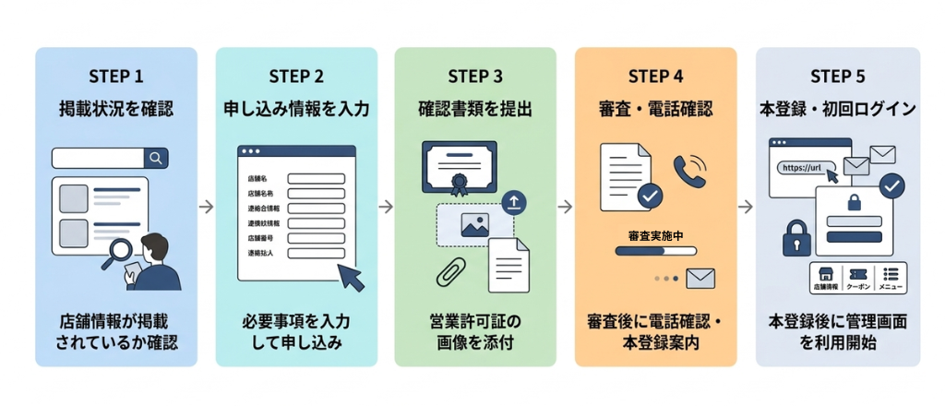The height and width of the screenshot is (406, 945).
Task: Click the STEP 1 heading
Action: (x=115, y=76)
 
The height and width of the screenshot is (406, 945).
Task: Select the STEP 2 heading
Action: (x=295, y=76)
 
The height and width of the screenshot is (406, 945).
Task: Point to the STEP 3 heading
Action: (x=475, y=76)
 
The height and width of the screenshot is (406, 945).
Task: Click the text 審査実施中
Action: (x=655, y=235)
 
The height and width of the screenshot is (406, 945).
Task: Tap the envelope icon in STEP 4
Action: (x=700, y=278)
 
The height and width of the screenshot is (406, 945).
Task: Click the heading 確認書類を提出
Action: (x=475, y=109)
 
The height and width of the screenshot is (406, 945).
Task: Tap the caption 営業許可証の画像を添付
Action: (x=475, y=332)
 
